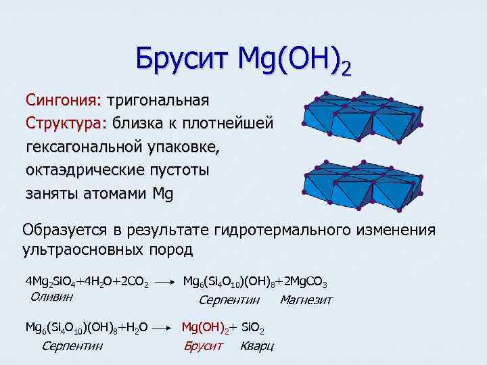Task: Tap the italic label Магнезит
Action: pos(306,299)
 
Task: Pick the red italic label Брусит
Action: pos(203,345)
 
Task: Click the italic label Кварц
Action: pos(256,345)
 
